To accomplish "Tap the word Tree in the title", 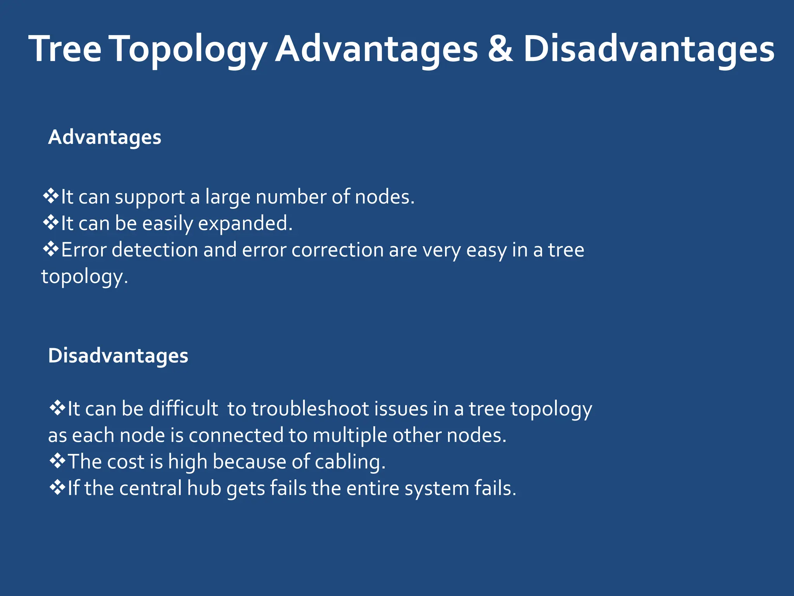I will click(x=65, y=49).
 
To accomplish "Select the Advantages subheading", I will click(x=105, y=137).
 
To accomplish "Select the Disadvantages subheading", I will click(x=118, y=356).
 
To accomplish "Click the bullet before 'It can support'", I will click(x=50, y=196).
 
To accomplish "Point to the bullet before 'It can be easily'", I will click(x=50, y=223).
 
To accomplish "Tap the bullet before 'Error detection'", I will click(x=50, y=249).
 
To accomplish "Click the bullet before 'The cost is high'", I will click(x=57, y=461).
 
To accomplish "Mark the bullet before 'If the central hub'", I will click(x=57, y=487).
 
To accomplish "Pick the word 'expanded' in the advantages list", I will click(x=245, y=224).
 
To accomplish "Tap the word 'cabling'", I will click(x=350, y=462).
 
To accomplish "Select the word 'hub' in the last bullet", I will click(x=204, y=488).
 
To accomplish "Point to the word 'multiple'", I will click(x=350, y=436).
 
